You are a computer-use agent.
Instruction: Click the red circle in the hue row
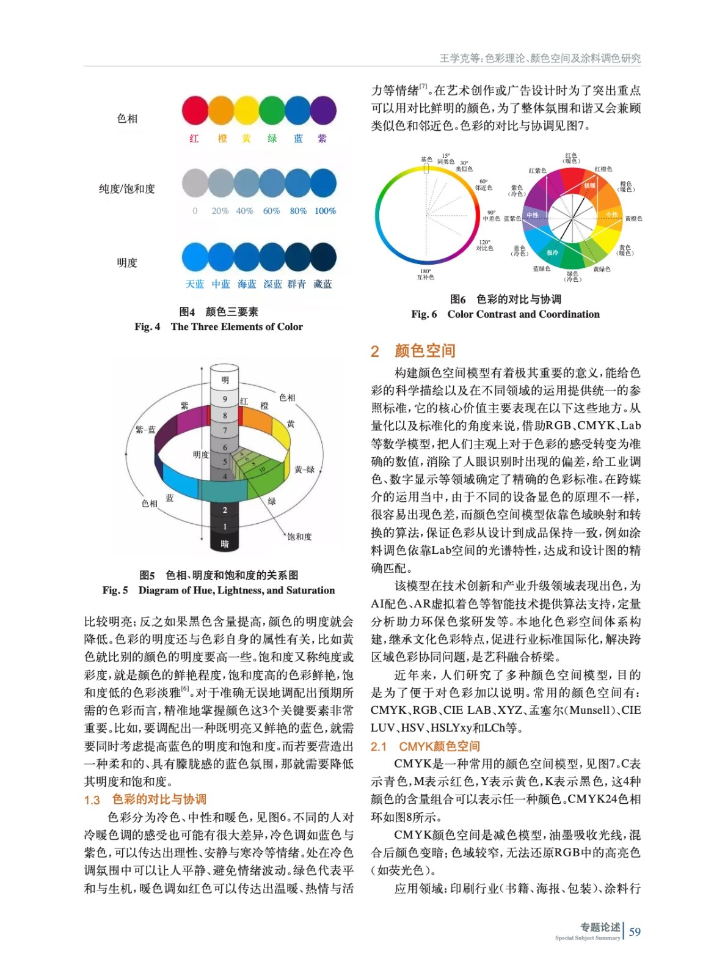(195, 111)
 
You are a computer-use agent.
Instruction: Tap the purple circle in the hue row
(323, 111)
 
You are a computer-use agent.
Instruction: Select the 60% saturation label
(271, 211)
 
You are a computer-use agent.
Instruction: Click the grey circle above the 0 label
(195, 183)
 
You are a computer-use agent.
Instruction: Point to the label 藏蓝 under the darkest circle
(322, 284)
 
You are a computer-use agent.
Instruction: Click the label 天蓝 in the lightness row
(195, 284)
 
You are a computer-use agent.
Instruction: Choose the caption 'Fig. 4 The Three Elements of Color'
(219, 326)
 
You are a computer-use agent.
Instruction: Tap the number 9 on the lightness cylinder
(225, 399)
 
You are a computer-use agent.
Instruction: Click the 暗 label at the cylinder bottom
(225, 543)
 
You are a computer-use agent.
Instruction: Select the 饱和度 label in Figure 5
(299, 537)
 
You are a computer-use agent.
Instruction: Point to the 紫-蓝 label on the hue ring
(145, 430)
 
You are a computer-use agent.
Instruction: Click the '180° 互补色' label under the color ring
(426, 274)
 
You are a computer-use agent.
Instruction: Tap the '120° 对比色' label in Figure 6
(484, 245)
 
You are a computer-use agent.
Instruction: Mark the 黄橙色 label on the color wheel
(633, 218)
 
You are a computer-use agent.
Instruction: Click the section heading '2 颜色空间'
(414, 351)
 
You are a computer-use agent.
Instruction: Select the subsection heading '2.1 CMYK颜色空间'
(425, 746)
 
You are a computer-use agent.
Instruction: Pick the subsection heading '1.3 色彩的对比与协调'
(145, 800)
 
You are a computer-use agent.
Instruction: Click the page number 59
(635, 932)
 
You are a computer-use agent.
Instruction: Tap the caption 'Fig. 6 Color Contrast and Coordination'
(505, 314)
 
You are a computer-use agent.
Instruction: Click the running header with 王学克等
(540, 58)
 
